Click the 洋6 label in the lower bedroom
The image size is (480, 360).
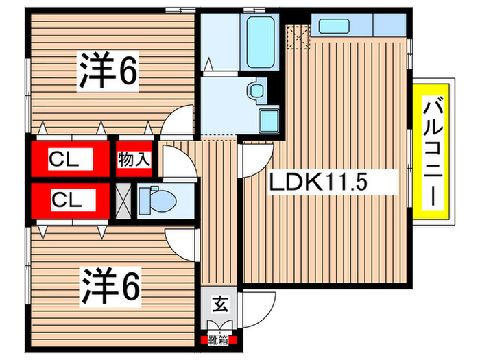click(112, 286)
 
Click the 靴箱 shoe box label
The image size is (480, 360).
click(219, 339)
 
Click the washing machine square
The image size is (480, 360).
click(268, 122)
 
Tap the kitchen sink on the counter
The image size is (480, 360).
click(334, 26)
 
